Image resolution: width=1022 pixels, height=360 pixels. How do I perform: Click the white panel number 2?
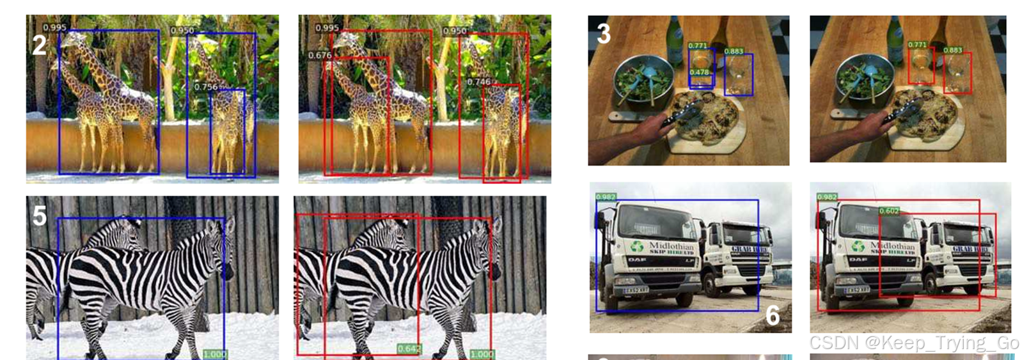[x=40, y=45]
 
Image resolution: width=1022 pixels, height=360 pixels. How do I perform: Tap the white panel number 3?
[x=603, y=34]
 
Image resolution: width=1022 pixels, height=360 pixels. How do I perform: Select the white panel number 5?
[x=40, y=216]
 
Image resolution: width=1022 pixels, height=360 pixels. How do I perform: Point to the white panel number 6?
[x=773, y=315]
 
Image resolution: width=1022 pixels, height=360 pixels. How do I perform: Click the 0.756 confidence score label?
[x=206, y=87]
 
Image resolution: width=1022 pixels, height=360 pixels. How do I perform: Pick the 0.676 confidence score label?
[x=320, y=56]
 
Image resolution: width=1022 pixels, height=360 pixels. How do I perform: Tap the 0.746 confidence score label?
[x=479, y=82]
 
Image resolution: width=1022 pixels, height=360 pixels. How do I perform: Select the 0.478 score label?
[x=699, y=72]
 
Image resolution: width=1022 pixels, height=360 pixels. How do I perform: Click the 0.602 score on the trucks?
[x=889, y=211]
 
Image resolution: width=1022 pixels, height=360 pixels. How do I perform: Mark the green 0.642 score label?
[x=409, y=348]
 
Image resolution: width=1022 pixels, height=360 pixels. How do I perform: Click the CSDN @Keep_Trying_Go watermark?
[x=914, y=343]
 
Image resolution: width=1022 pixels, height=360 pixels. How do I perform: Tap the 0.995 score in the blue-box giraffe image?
[x=54, y=27]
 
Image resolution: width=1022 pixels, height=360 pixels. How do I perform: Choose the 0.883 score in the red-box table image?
[x=952, y=50]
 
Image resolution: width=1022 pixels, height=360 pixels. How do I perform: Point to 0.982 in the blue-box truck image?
[x=606, y=197]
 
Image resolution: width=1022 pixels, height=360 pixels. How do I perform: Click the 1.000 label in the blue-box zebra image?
[x=215, y=354]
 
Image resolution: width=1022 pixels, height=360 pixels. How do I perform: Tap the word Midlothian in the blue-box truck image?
[x=671, y=246]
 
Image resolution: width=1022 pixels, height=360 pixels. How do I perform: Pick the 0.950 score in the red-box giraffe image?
[x=455, y=31]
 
